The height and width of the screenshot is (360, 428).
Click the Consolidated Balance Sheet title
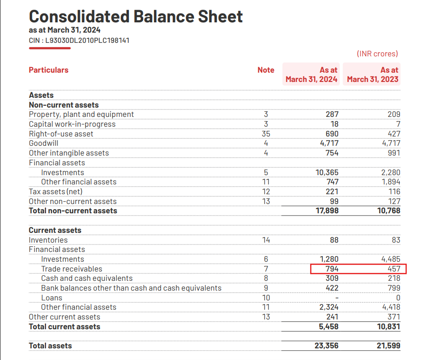click(x=135, y=17)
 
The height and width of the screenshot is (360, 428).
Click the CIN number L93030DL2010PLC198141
click(x=79, y=41)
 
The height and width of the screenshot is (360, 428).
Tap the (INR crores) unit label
click(x=377, y=54)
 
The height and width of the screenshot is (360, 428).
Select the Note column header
click(x=266, y=70)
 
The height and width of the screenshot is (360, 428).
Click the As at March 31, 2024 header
click(x=311, y=75)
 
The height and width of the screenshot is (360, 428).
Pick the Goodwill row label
click(x=44, y=143)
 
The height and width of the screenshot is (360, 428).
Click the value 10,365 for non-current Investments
click(x=327, y=172)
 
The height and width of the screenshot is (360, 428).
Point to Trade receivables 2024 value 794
click(x=332, y=269)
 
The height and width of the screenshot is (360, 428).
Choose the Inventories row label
click(x=48, y=240)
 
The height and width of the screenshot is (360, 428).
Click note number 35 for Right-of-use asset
click(x=266, y=134)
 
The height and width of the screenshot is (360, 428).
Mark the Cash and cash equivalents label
click(x=87, y=278)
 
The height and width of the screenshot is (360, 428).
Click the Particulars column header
click(x=48, y=70)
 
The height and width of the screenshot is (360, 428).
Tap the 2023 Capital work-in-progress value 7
click(x=398, y=124)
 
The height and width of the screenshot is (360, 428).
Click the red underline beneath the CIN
click(x=50, y=48)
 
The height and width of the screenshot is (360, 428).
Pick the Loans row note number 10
click(x=266, y=298)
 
